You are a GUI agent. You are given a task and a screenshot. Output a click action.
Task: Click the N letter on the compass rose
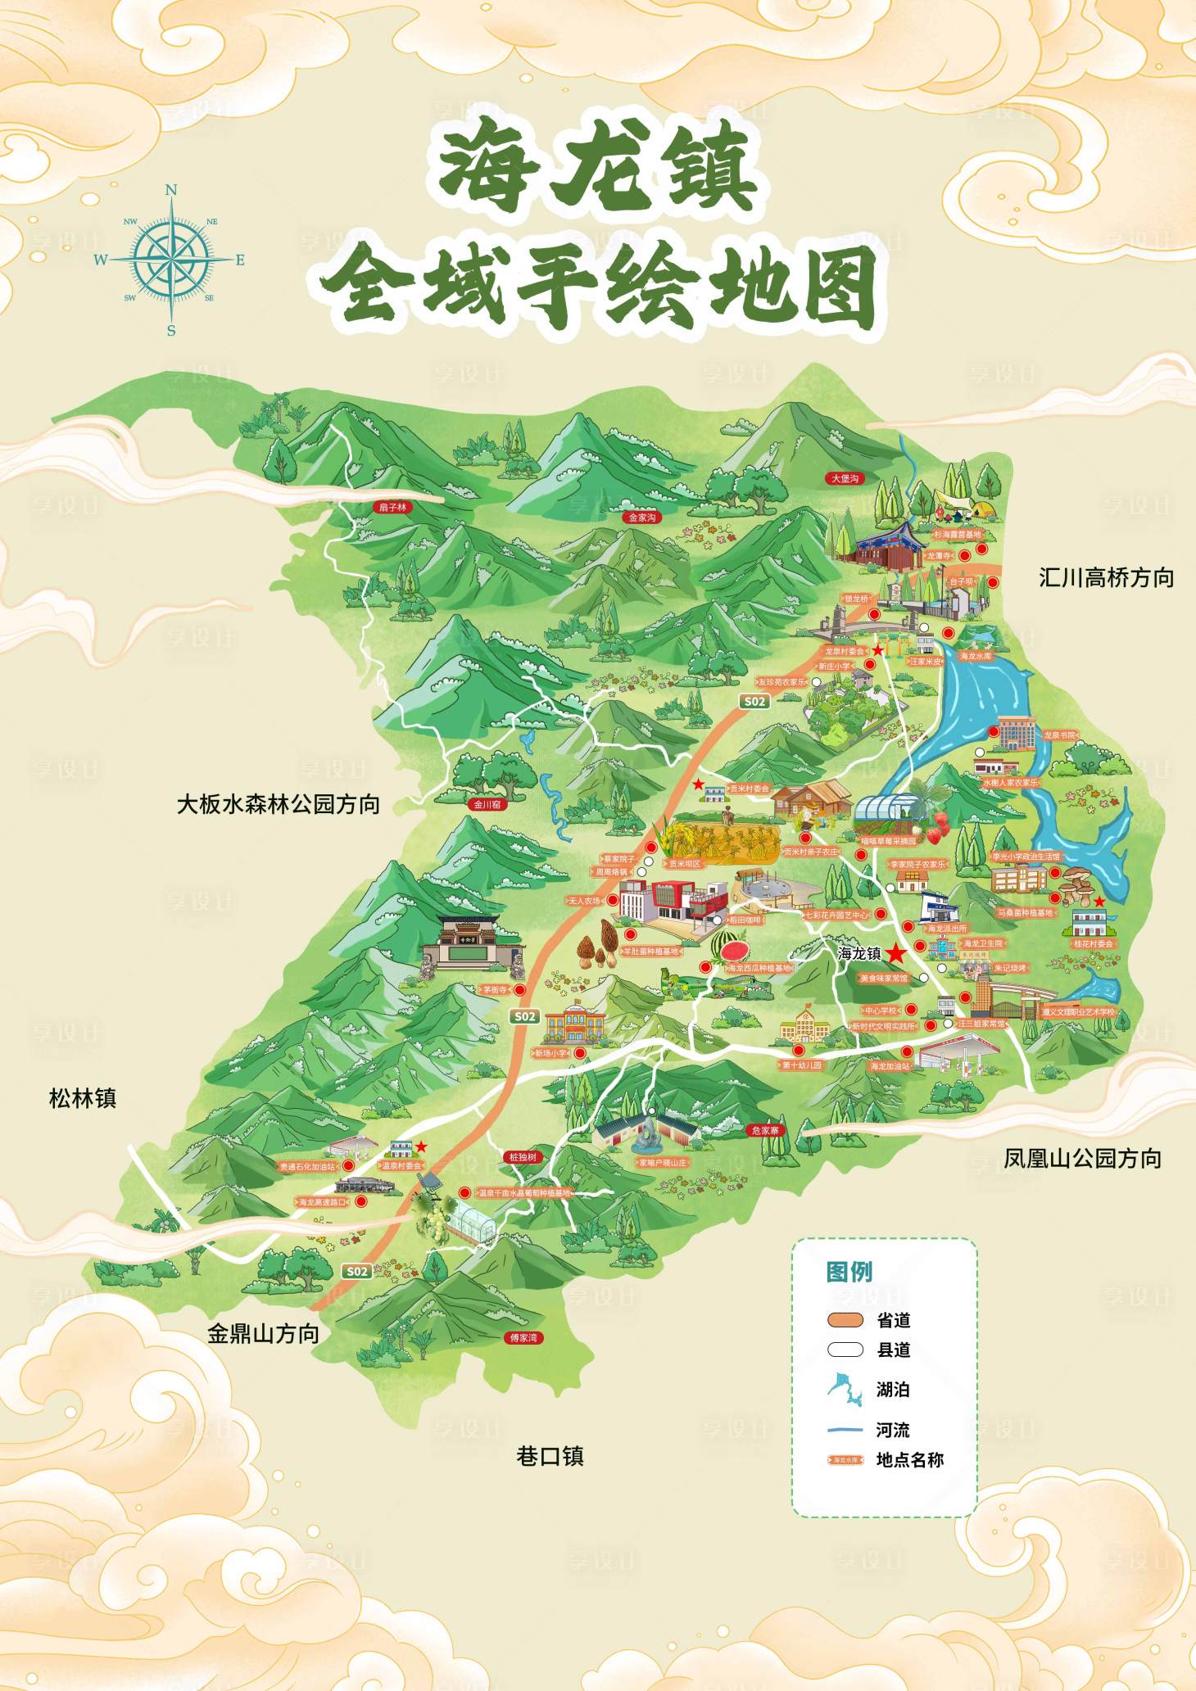(x=170, y=190)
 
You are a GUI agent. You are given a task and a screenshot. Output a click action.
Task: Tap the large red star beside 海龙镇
(x=897, y=953)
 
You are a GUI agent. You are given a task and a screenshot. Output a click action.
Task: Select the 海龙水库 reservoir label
(x=976, y=656)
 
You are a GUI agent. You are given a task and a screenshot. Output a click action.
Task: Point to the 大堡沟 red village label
(x=845, y=478)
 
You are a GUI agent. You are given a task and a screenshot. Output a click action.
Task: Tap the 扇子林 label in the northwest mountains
(x=392, y=507)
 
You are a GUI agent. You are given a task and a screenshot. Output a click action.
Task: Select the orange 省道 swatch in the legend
(x=845, y=1319)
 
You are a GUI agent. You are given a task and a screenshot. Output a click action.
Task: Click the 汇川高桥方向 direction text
(x=1106, y=577)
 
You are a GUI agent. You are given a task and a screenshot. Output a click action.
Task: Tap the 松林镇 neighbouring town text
(x=83, y=1098)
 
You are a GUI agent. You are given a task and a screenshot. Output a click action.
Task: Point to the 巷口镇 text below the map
(x=550, y=1456)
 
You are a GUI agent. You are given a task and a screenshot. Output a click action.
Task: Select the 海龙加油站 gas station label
(x=889, y=1066)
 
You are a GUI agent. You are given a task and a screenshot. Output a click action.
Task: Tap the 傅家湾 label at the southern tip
(x=523, y=1337)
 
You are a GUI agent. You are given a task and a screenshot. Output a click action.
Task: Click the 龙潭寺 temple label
(x=940, y=556)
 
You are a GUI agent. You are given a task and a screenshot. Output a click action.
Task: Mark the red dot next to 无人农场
(x=611, y=900)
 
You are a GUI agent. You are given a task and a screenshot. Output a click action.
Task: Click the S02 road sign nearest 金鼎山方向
(x=357, y=1271)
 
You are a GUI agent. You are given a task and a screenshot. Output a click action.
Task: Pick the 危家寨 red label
(x=765, y=1130)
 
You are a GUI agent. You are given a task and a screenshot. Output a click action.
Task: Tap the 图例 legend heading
(x=849, y=1271)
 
